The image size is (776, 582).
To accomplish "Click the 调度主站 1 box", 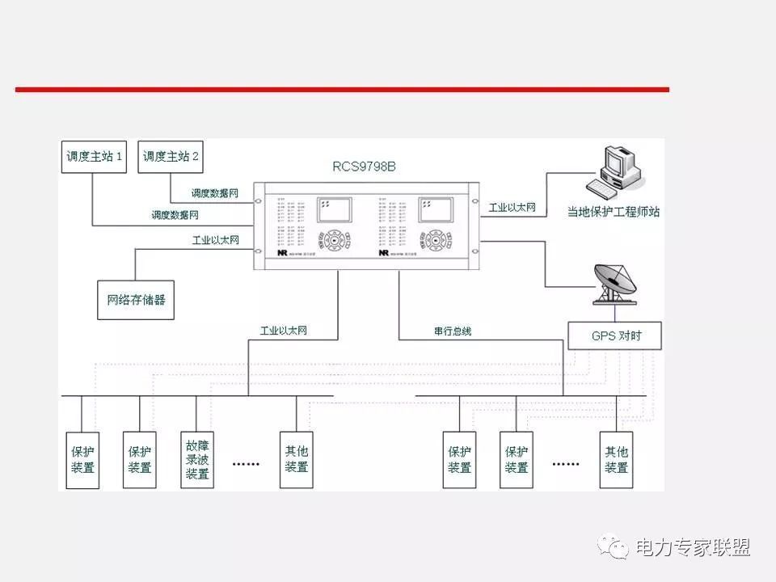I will (95, 157).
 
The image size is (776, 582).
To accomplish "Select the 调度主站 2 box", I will (171, 157).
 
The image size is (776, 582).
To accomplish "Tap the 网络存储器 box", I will (136, 299).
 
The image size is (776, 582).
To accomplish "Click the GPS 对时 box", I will (614, 335).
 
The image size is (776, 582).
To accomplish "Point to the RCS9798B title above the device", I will (365, 167).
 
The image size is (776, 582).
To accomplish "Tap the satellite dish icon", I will (614, 284).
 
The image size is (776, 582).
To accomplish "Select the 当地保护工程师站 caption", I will (613, 212).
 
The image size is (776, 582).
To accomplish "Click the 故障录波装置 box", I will (197, 459).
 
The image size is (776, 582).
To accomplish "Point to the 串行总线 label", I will (452, 331).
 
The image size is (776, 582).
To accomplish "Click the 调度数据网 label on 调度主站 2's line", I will (214, 194).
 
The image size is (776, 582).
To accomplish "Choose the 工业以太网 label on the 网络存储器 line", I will (215, 240).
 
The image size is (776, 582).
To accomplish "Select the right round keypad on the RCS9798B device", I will (436, 240).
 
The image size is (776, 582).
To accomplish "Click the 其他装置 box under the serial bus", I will (617, 459).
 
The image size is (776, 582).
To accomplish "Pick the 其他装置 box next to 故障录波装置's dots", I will (297, 459).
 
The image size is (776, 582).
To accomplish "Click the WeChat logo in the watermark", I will (614, 547).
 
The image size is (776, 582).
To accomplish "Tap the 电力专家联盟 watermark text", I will (693, 547).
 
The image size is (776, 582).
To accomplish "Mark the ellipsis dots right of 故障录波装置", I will (246, 464).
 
